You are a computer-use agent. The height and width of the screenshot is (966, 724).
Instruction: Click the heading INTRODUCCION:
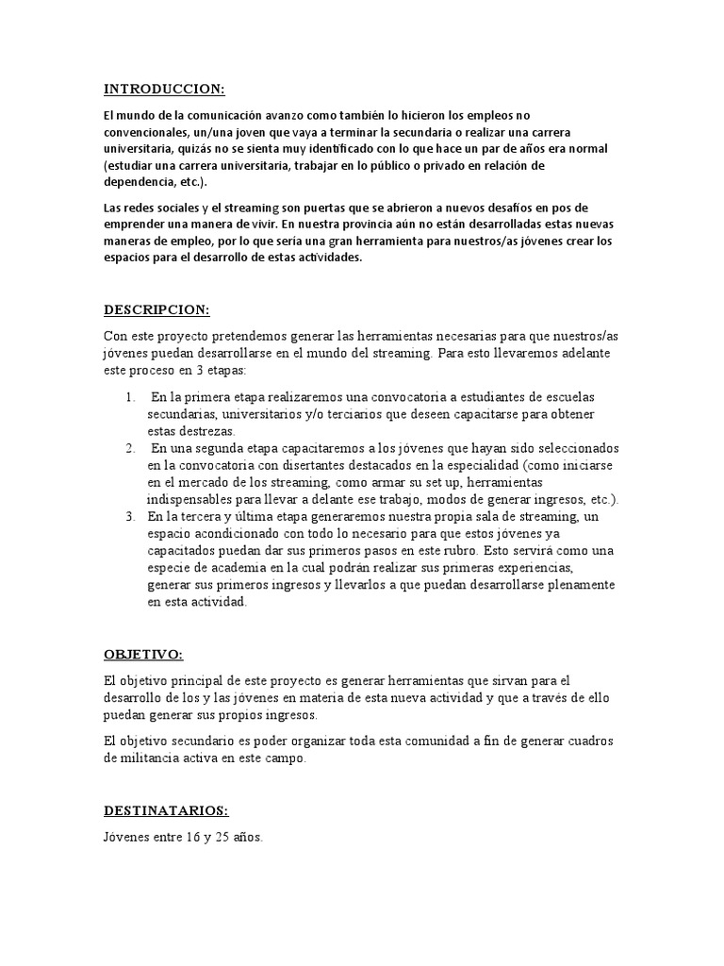click(164, 90)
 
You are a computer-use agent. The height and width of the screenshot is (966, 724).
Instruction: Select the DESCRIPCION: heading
click(156, 310)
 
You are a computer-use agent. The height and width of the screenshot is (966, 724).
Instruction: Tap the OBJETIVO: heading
click(143, 655)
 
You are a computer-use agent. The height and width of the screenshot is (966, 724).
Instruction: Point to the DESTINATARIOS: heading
click(166, 810)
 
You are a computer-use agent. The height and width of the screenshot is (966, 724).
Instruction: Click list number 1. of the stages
click(131, 397)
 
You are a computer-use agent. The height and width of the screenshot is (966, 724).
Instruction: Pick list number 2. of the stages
click(131, 448)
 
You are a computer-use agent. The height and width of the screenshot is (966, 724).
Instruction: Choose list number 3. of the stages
click(131, 517)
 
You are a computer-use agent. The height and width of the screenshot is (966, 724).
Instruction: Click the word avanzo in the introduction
click(282, 115)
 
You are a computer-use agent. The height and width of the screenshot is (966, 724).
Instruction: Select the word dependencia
click(140, 183)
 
